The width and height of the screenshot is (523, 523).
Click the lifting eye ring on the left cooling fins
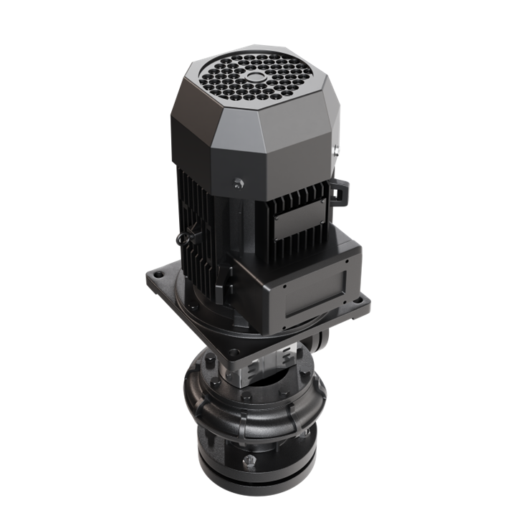coord(188,236)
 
